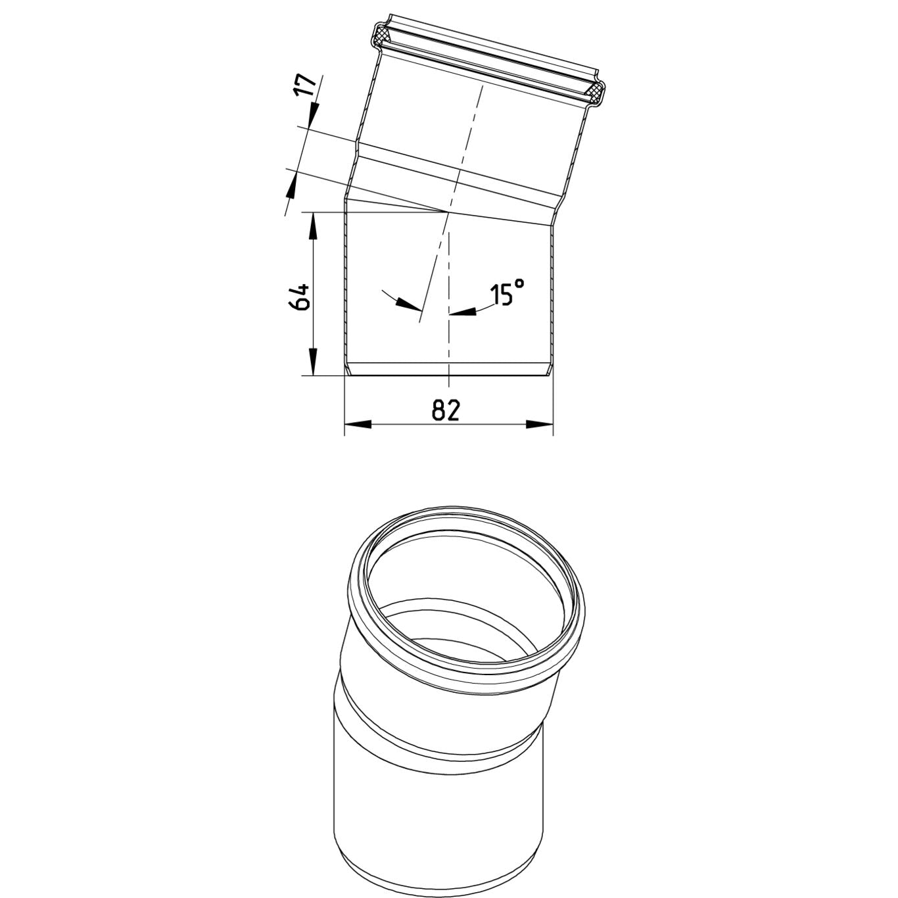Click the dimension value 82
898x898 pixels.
click(x=446, y=410)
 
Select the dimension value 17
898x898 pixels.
click(x=305, y=85)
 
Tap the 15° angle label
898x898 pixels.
click(x=507, y=292)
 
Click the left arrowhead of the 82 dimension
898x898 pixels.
click(x=358, y=425)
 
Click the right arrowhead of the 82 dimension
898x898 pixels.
click(x=540, y=425)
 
